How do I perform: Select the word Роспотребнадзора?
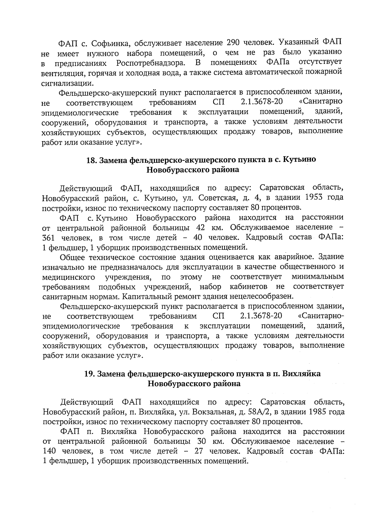151,63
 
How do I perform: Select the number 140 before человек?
50,452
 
